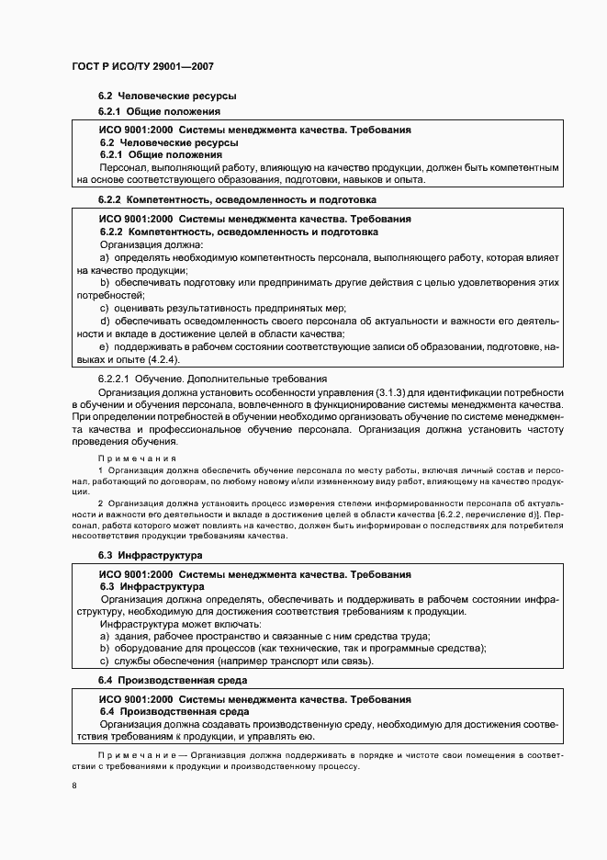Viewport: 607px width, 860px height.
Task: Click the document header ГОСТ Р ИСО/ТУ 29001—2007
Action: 141,67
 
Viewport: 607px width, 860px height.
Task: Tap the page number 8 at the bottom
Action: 74,785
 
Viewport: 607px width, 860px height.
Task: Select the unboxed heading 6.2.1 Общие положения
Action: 146,112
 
